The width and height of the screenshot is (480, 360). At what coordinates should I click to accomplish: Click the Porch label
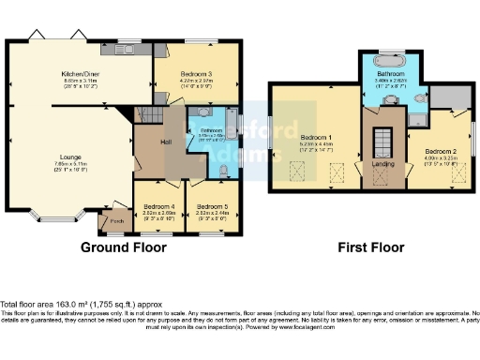tap(117, 221)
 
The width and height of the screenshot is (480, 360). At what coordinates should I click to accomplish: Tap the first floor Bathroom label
tap(391, 72)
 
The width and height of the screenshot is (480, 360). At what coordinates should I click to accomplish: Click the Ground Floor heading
tap(123, 247)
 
